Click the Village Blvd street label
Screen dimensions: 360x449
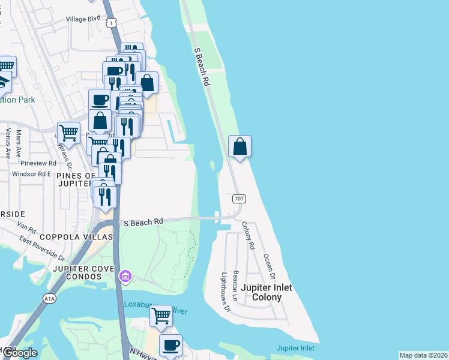click(x=83, y=19)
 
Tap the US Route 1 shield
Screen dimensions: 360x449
click(x=111, y=22)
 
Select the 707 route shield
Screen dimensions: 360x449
click(x=238, y=198)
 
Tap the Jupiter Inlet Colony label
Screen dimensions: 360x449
click(x=267, y=292)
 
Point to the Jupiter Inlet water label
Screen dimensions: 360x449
click(x=295, y=348)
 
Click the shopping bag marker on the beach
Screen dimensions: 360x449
click(x=240, y=146)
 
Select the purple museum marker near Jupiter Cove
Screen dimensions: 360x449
click(x=125, y=277)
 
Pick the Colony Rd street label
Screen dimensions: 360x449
click(x=248, y=236)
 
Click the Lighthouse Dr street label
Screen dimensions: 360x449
click(x=225, y=292)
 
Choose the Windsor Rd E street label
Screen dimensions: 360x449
click(x=32, y=174)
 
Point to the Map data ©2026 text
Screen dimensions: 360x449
click(x=423, y=355)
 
